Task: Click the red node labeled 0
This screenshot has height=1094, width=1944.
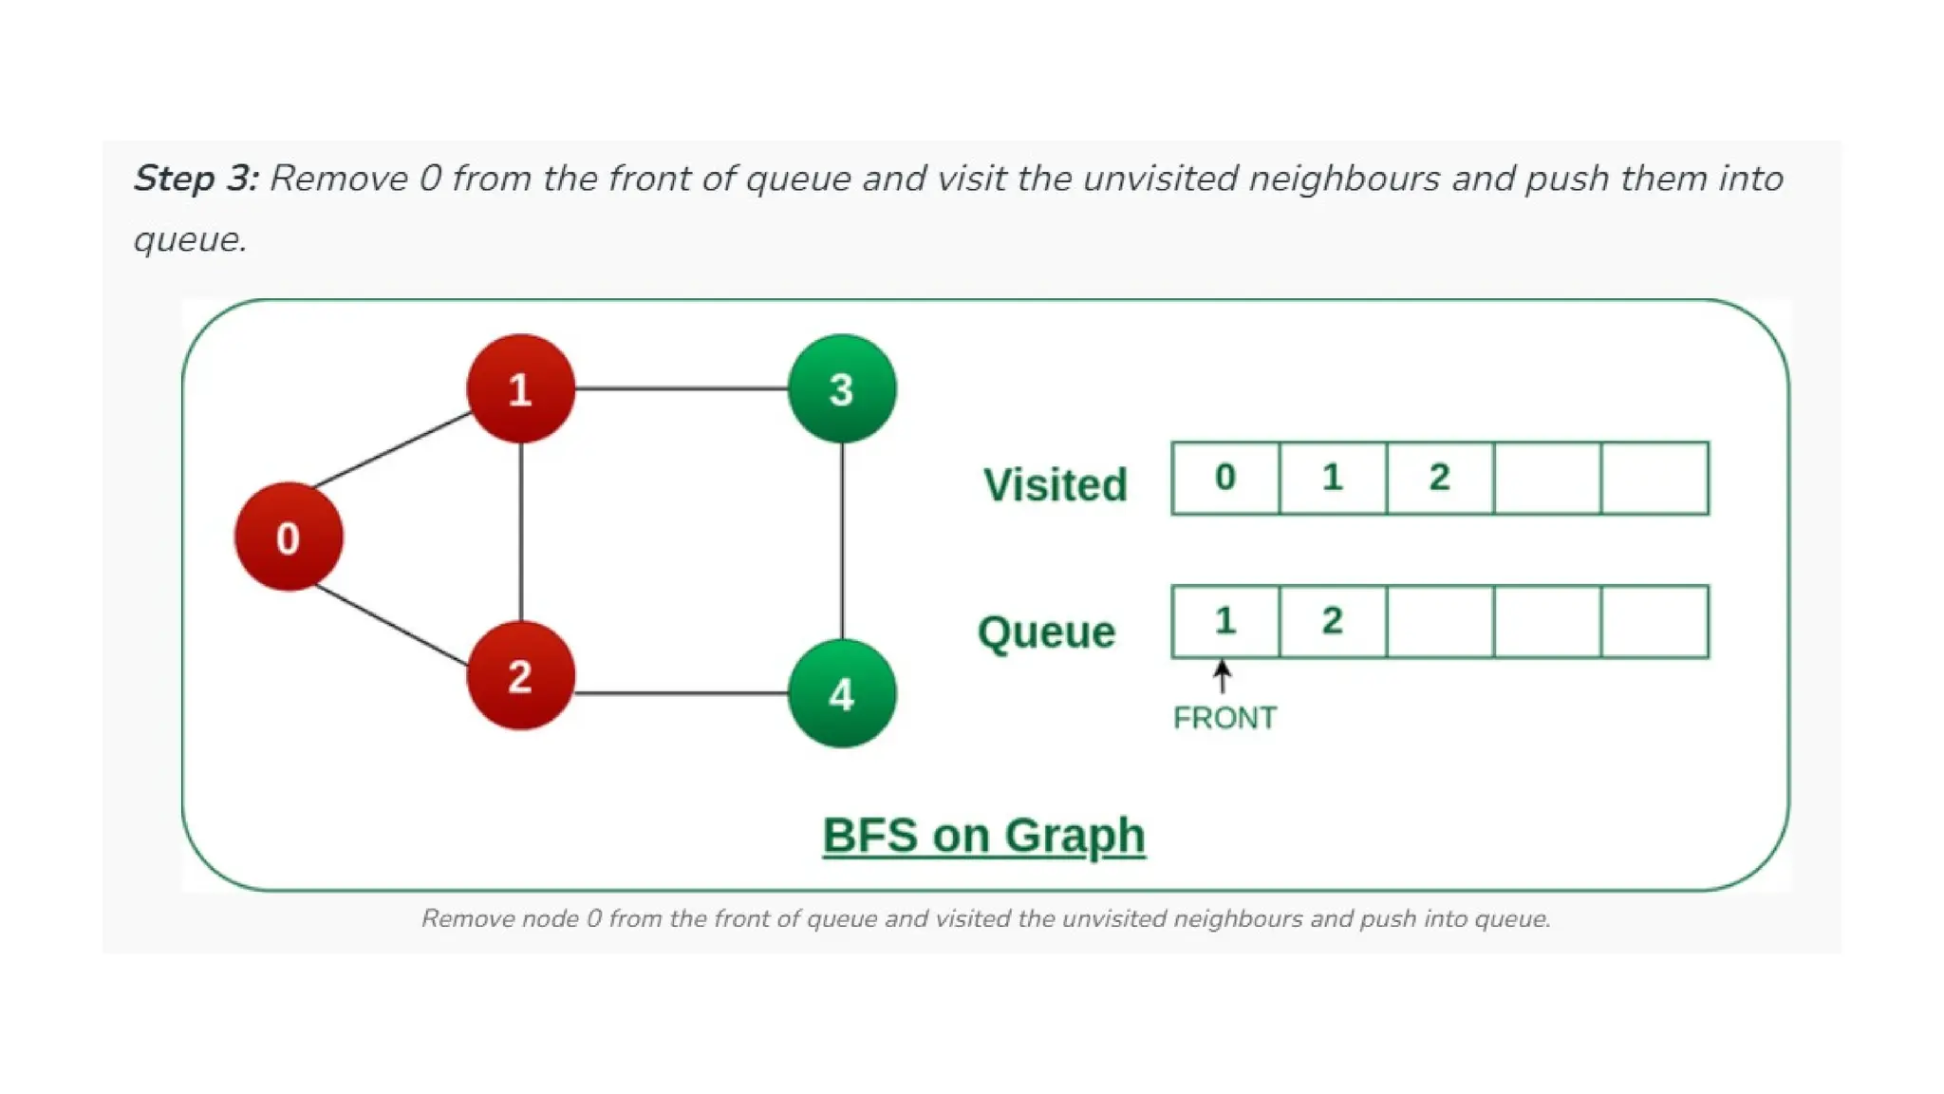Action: (x=289, y=538)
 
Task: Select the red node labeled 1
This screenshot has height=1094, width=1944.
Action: (x=520, y=388)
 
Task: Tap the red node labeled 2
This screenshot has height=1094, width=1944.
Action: (x=520, y=675)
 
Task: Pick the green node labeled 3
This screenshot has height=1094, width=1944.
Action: (x=842, y=388)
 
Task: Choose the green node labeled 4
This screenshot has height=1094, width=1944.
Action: (x=842, y=693)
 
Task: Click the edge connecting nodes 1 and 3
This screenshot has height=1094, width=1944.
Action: (x=682, y=388)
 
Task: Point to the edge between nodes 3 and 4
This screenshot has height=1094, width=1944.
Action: (x=842, y=541)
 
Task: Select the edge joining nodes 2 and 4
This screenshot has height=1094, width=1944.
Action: (x=682, y=693)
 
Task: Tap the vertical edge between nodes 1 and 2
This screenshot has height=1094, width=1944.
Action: (x=520, y=532)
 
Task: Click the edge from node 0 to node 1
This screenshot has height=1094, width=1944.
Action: (x=393, y=449)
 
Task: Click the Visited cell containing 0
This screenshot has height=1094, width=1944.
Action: (x=1225, y=478)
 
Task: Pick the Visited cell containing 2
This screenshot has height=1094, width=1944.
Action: (x=1440, y=478)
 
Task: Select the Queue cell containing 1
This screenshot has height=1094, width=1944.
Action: (x=1225, y=621)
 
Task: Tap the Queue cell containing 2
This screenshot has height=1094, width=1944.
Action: (x=1333, y=621)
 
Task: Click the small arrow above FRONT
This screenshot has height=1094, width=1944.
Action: (x=1223, y=676)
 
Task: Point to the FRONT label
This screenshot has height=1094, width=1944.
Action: (x=1224, y=718)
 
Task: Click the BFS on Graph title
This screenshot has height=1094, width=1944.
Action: (x=983, y=836)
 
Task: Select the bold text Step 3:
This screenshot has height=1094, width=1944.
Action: (x=196, y=179)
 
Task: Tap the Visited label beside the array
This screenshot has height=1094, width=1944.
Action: (x=1055, y=484)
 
